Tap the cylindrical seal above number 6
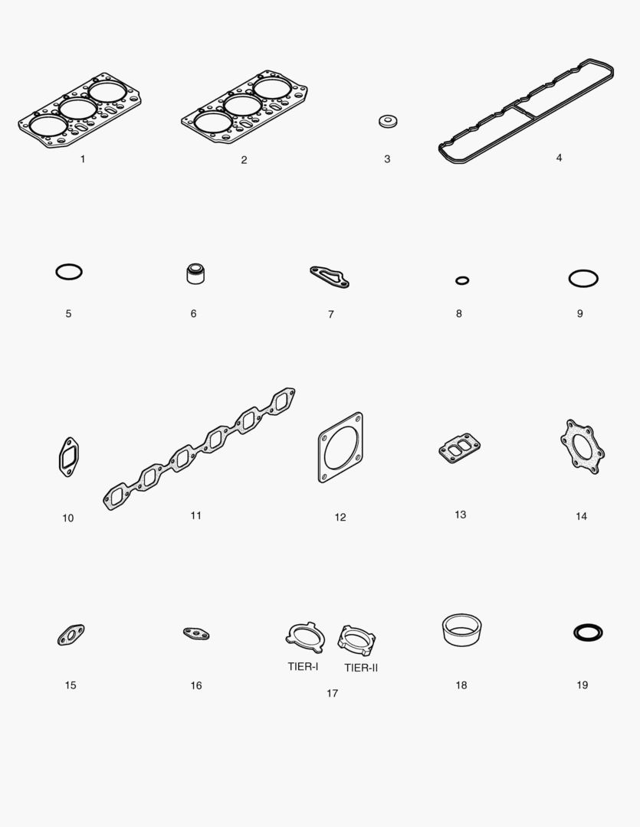tap(195, 273)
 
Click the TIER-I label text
tap(303, 667)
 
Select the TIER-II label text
tap(361, 668)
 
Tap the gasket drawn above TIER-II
tap(343, 642)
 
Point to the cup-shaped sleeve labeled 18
tap(461, 639)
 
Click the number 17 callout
tap(332, 694)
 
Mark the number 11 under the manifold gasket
tap(196, 516)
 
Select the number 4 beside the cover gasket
tap(560, 158)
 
